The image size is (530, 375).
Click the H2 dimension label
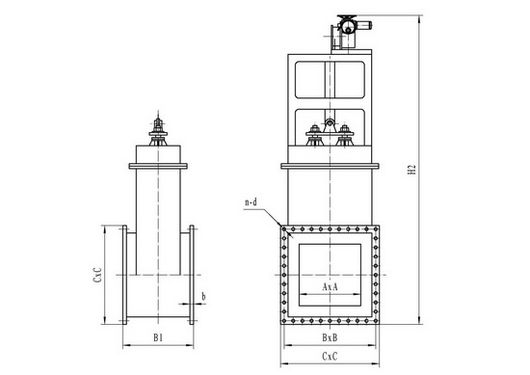point(411,170)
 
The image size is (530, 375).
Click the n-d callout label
point(251,202)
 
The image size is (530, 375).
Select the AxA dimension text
point(330,286)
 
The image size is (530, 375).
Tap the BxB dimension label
point(330,337)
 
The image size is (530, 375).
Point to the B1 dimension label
point(158,337)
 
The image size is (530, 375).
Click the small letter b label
point(203,296)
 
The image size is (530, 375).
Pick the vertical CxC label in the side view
point(97,275)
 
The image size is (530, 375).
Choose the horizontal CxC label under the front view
point(330,357)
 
